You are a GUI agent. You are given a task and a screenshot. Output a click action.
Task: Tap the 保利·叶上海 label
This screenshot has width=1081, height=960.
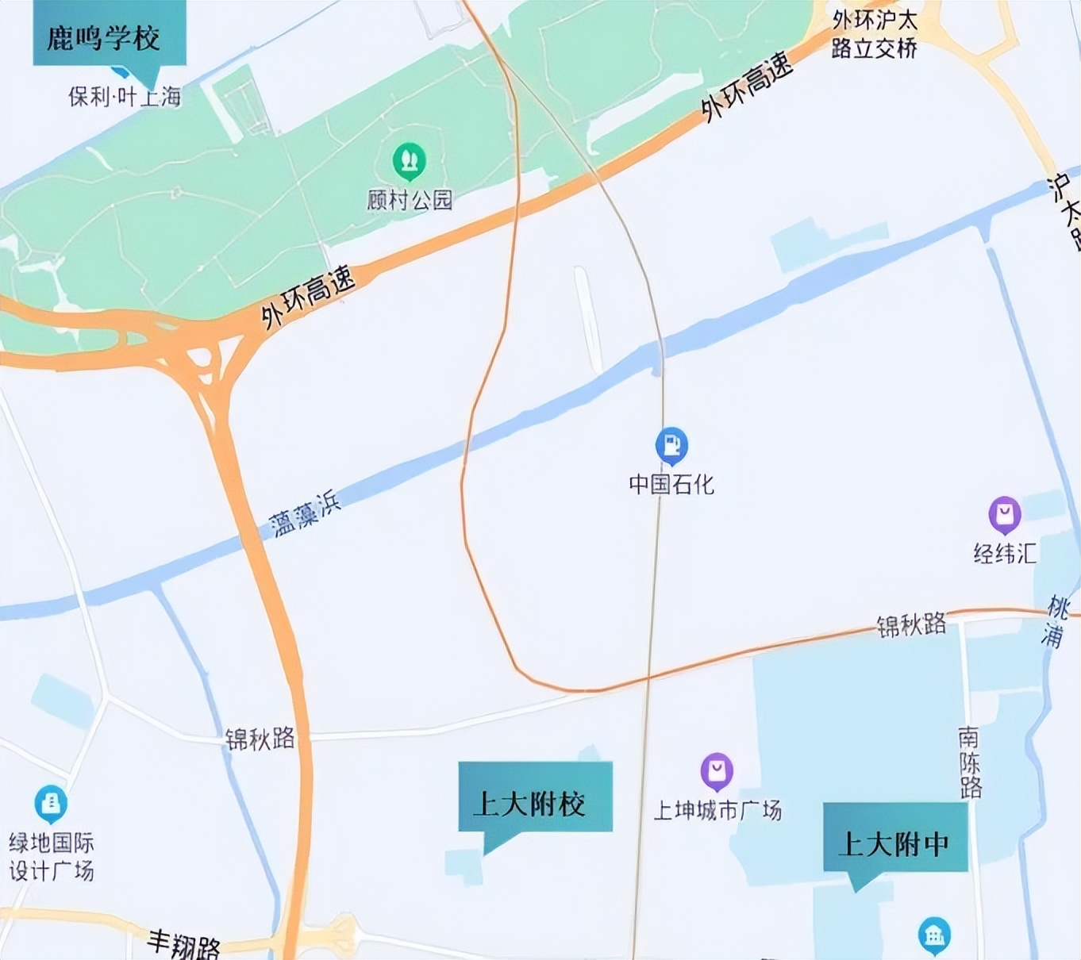(125, 97)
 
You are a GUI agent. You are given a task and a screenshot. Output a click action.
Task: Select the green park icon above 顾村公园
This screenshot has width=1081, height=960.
(410, 160)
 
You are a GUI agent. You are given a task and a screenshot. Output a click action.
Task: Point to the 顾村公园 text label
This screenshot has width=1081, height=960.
(410, 200)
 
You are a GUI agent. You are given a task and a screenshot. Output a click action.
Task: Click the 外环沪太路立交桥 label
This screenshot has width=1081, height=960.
(874, 34)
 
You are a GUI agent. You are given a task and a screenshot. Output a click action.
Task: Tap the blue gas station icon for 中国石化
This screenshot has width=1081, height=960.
(671, 445)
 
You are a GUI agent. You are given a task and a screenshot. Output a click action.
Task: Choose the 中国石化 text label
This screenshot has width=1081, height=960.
(671, 484)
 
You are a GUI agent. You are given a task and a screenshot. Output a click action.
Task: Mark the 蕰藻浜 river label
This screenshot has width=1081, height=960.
(306, 513)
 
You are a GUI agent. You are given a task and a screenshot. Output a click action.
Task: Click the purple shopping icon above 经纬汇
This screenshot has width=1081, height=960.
(1005, 514)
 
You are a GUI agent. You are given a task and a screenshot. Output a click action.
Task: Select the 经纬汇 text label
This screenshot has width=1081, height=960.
(1005, 553)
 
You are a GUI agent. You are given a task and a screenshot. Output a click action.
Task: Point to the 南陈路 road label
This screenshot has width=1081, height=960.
(970, 762)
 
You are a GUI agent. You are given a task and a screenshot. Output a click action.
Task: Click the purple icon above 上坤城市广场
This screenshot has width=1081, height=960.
(717, 770)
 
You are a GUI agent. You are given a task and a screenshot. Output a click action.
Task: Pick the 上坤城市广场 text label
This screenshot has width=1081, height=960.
(717, 810)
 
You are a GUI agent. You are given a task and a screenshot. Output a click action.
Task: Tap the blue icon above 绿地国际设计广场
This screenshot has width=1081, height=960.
(51, 804)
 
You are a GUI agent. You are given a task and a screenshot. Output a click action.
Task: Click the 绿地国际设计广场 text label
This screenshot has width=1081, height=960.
(52, 856)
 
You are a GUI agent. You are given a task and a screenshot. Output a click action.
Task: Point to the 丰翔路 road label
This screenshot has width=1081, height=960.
(183, 943)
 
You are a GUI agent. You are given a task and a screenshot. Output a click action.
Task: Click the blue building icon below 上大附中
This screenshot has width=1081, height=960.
(934, 935)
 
